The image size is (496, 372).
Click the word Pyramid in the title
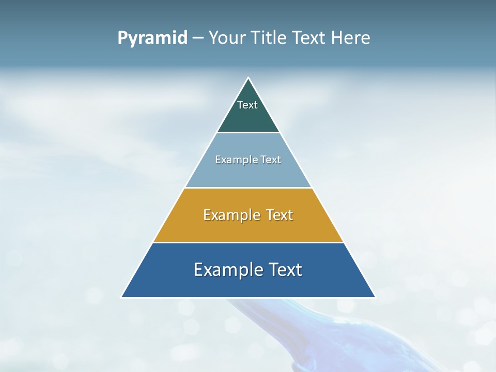152,38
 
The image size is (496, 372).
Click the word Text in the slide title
309,38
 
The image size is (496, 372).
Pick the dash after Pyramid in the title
198,38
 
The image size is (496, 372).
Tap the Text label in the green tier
247,105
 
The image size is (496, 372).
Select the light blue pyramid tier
248,173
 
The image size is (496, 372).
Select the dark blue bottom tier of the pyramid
248,285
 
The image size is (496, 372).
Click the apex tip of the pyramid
248,79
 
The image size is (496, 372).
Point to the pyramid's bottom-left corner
122,297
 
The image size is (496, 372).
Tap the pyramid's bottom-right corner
375,297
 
